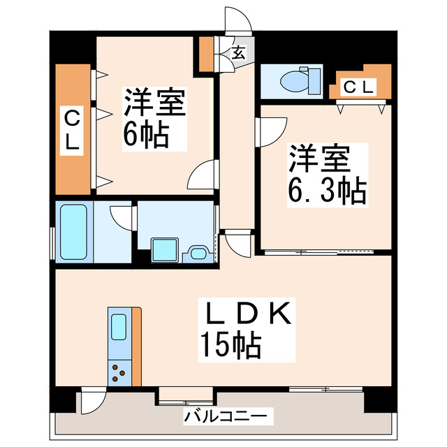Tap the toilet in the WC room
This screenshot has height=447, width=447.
(x=294, y=80)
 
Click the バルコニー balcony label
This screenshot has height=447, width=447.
(x=225, y=417)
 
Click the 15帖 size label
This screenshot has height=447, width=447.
(x=230, y=344)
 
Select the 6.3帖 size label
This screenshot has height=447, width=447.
(x=327, y=190)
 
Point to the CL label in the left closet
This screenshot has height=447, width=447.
(x=73, y=129)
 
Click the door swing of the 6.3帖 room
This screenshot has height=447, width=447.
(x=272, y=129)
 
